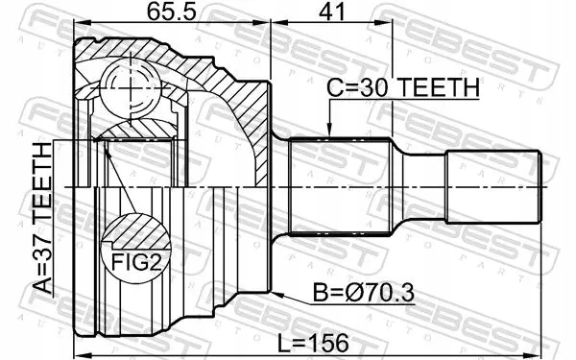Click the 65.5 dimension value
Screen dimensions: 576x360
(x=172, y=12)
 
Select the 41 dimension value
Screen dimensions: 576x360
(x=332, y=12)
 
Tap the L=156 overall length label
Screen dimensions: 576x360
(x=312, y=344)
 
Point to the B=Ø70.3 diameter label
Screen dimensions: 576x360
(x=364, y=293)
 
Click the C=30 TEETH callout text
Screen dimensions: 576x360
(x=403, y=87)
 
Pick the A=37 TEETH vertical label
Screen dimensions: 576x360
(x=43, y=219)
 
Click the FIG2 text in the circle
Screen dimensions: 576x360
(x=136, y=262)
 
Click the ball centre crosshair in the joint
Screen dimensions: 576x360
(x=131, y=88)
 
